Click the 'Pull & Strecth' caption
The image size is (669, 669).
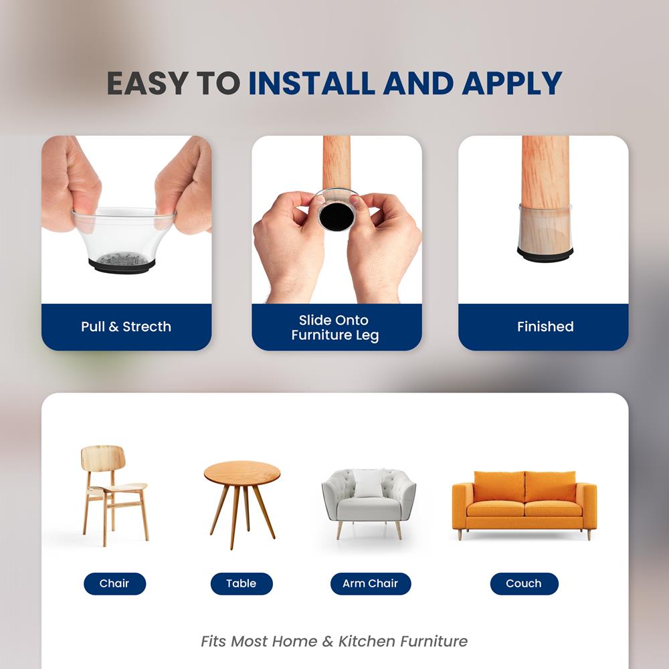pos(126,327)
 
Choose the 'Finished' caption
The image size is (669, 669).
pos(545,327)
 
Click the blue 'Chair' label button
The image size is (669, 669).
pos(114,583)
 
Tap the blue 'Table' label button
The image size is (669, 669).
pos(242,583)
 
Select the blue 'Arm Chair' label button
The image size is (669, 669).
pos(370,583)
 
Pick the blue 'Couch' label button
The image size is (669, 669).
pos(524,583)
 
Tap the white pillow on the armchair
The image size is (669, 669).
pos(369,483)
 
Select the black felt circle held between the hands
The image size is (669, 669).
pos(337,217)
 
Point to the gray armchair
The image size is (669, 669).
pos(369,498)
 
